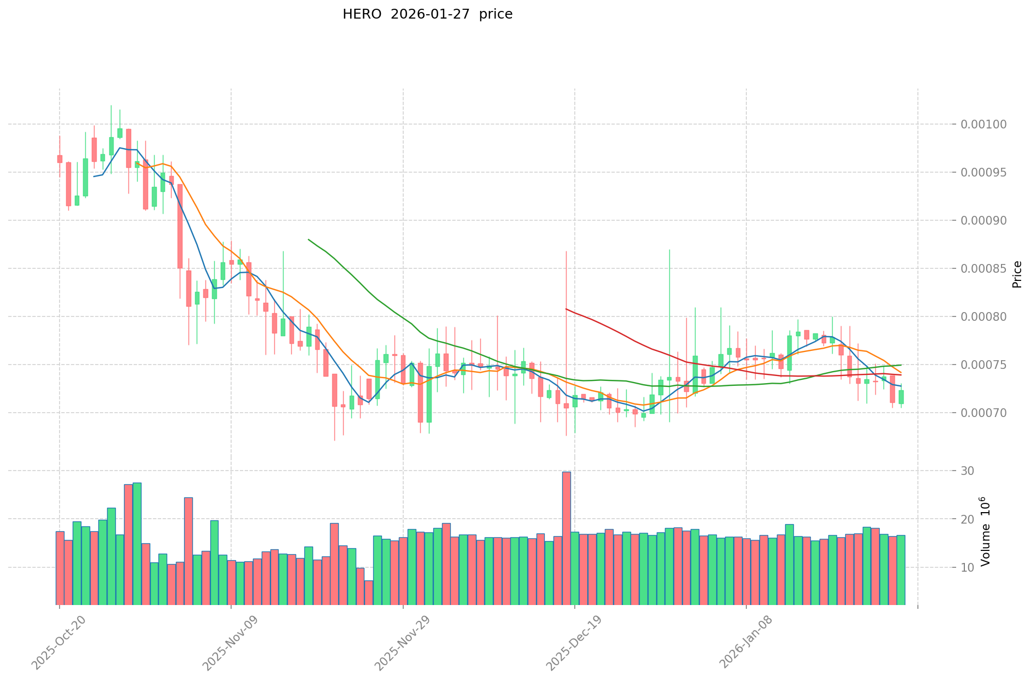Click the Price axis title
[1017, 274]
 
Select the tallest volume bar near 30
[567, 538]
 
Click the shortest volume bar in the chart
[369, 592]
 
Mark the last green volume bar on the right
[901, 570]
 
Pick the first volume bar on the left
[60, 568]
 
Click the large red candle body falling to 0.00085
[180, 226]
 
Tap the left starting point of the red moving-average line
[566, 309]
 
